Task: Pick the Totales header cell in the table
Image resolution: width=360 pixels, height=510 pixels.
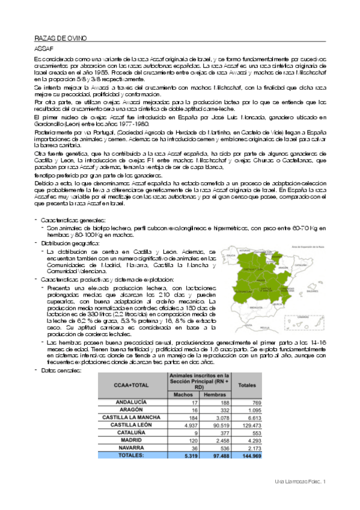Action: click(x=248, y=384)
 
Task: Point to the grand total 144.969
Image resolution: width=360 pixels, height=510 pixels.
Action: click(x=249, y=456)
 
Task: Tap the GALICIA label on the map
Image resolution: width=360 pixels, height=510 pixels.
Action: click(x=229, y=255)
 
